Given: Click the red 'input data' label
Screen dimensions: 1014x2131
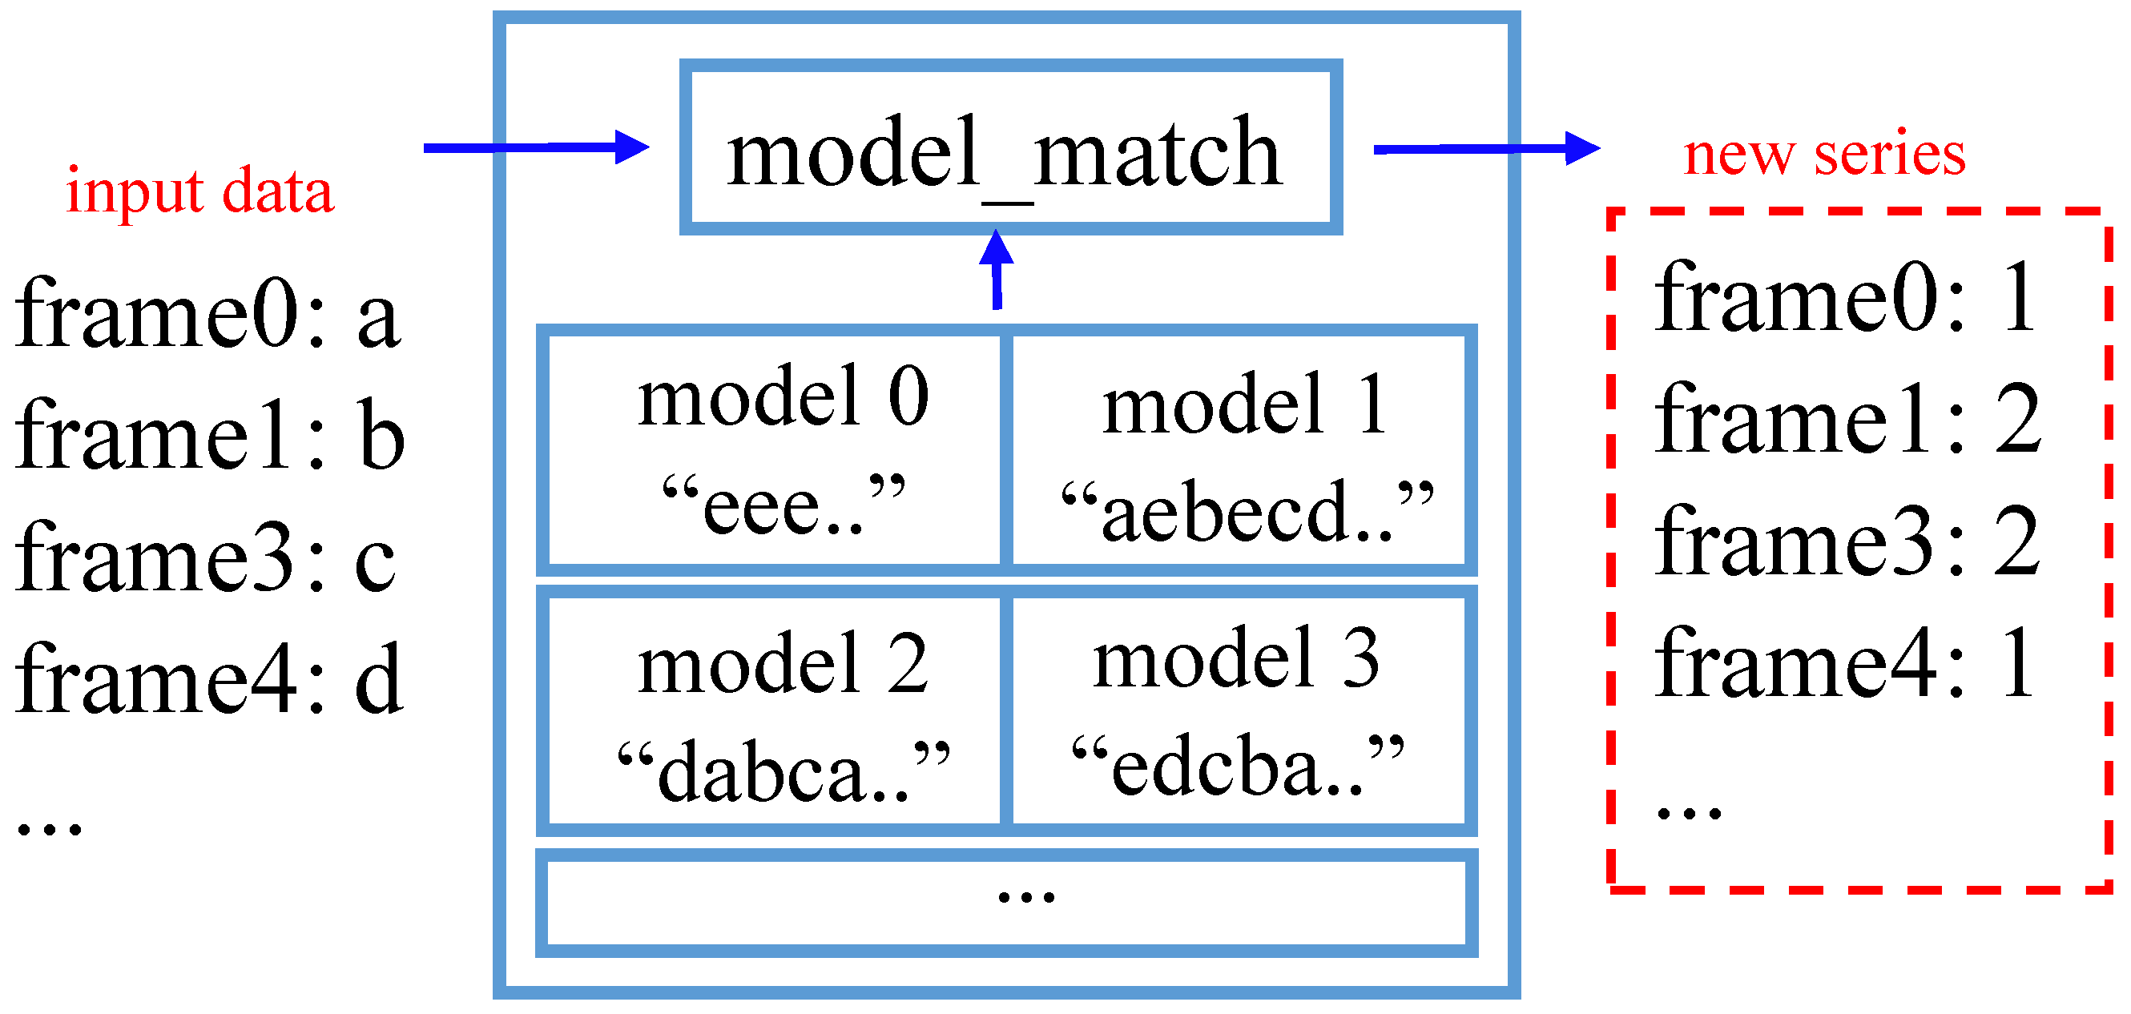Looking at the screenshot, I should tap(199, 191).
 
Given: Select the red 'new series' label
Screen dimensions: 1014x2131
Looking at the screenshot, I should tap(1824, 154).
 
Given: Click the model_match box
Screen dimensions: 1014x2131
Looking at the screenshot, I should tap(1010, 148).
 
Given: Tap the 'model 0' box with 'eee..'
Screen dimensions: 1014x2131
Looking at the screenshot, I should tap(775, 450).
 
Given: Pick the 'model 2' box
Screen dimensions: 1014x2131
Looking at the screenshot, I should tap(775, 711).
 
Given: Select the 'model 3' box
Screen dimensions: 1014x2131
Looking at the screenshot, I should tap(1239, 711).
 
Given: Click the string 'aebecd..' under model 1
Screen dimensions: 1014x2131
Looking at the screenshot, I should tap(1247, 513).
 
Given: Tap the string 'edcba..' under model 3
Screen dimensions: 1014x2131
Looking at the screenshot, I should tap(1238, 766).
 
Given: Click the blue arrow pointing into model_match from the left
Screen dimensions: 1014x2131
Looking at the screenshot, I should tap(535, 148).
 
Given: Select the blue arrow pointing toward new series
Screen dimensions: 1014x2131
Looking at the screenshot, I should tap(1486, 149).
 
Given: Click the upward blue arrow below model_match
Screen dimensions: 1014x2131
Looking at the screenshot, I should tap(997, 270).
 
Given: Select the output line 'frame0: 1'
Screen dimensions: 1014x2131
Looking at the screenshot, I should tap(1844, 298).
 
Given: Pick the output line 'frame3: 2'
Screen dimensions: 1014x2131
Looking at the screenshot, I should tap(1847, 541).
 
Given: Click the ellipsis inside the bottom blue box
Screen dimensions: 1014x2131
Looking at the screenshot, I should tap(1025, 896).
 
